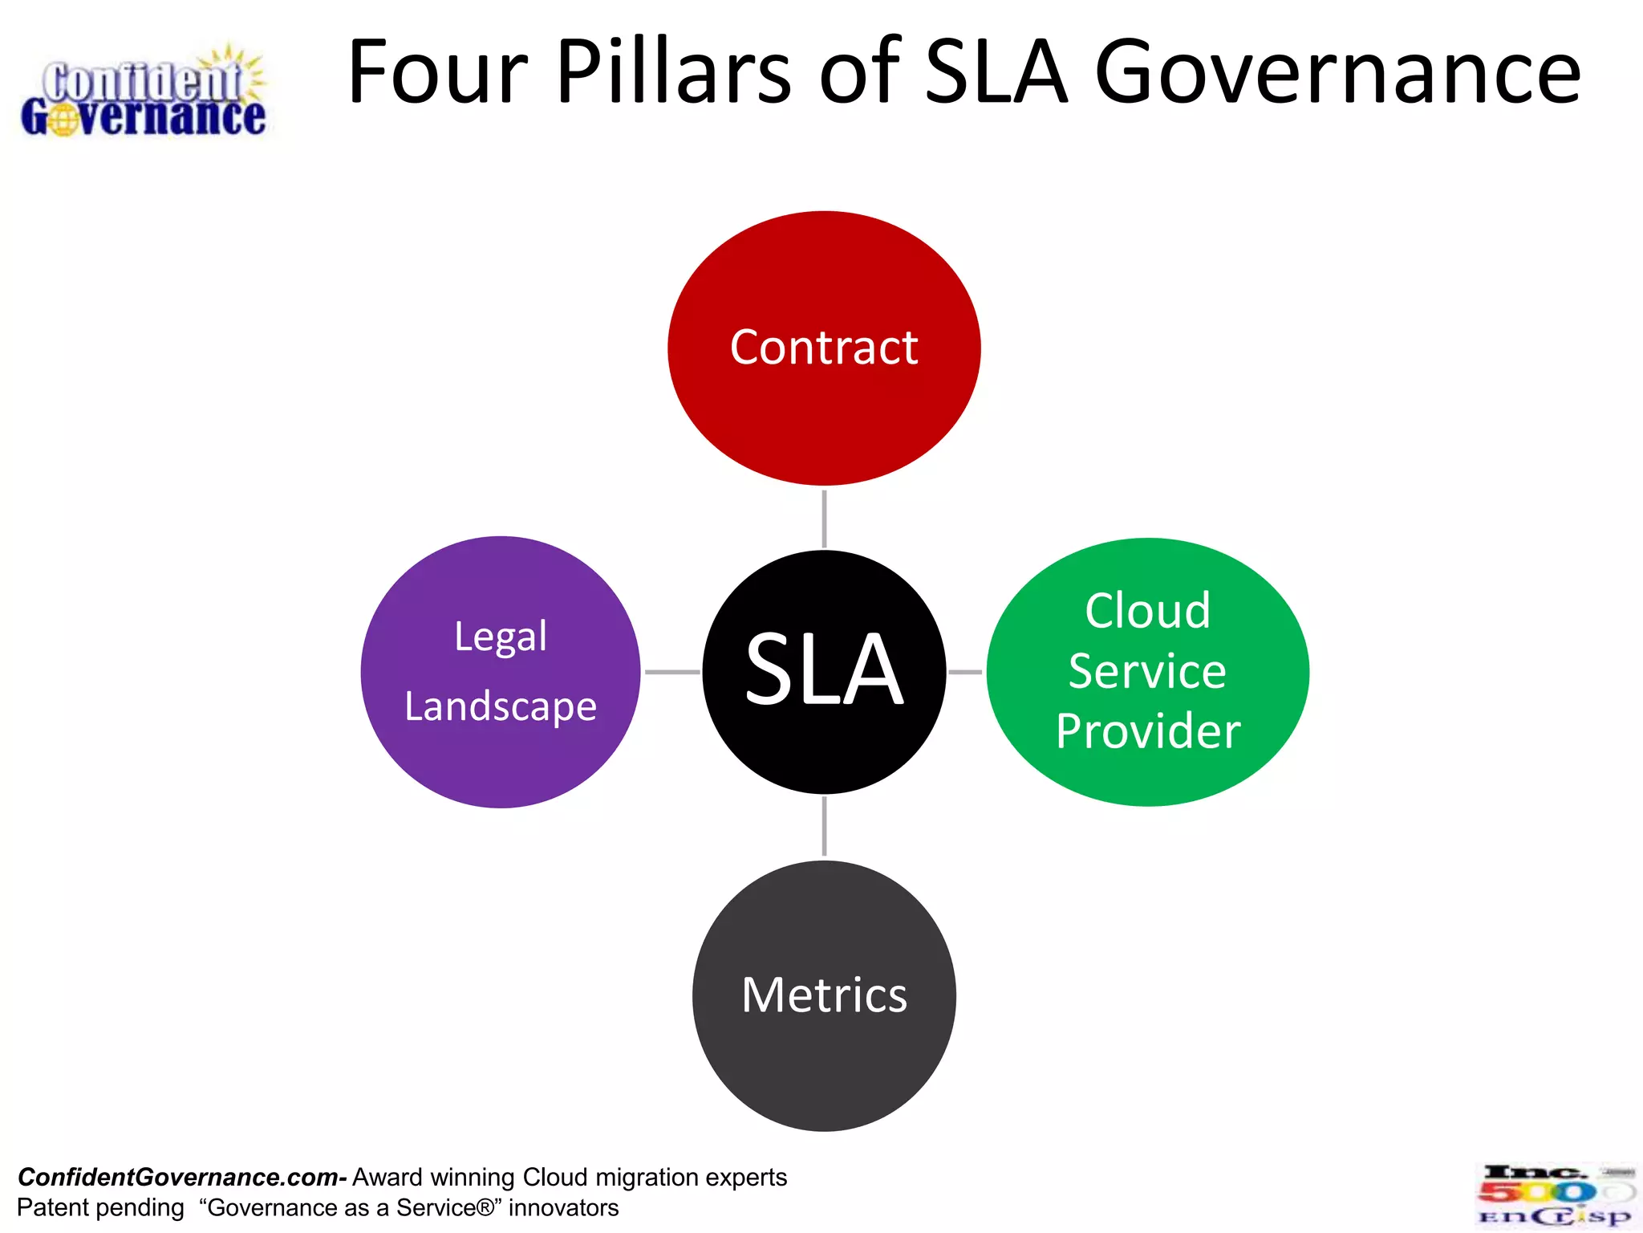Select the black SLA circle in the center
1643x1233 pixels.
[x=824, y=671]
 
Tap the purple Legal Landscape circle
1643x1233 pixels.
[x=501, y=671]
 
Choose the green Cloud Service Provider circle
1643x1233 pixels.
[x=1147, y=671]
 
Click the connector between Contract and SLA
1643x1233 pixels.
[x=824, y=519]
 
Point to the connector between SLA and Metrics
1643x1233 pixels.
[x=824, y=826]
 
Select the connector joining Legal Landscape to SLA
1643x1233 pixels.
[x=672, y=671]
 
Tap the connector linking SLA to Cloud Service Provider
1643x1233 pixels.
[x=965, y=671]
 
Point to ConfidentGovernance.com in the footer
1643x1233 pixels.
[x=180, y=1177]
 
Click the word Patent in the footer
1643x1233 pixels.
[x=53, y=1207]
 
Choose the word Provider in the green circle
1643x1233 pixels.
[x=1148, y=730]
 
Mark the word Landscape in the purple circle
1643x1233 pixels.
[x=501, y=707]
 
